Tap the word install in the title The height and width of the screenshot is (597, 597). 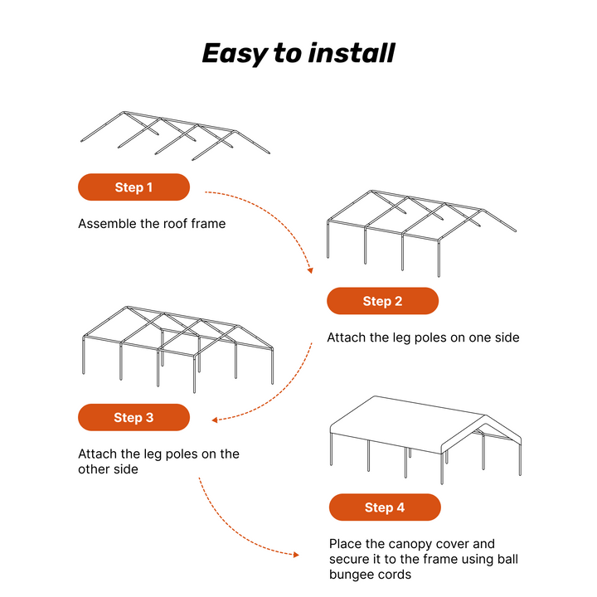352,53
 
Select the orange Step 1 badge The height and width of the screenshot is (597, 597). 133,187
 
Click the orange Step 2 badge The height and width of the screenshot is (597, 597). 382,301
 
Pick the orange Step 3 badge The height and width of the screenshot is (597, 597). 133,418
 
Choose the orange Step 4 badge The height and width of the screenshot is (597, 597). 385,507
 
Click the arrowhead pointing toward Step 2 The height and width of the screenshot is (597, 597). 310,269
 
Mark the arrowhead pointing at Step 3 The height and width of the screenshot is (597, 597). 215,420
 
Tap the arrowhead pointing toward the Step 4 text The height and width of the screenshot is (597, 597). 296,554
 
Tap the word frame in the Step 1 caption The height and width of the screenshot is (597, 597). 208,224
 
